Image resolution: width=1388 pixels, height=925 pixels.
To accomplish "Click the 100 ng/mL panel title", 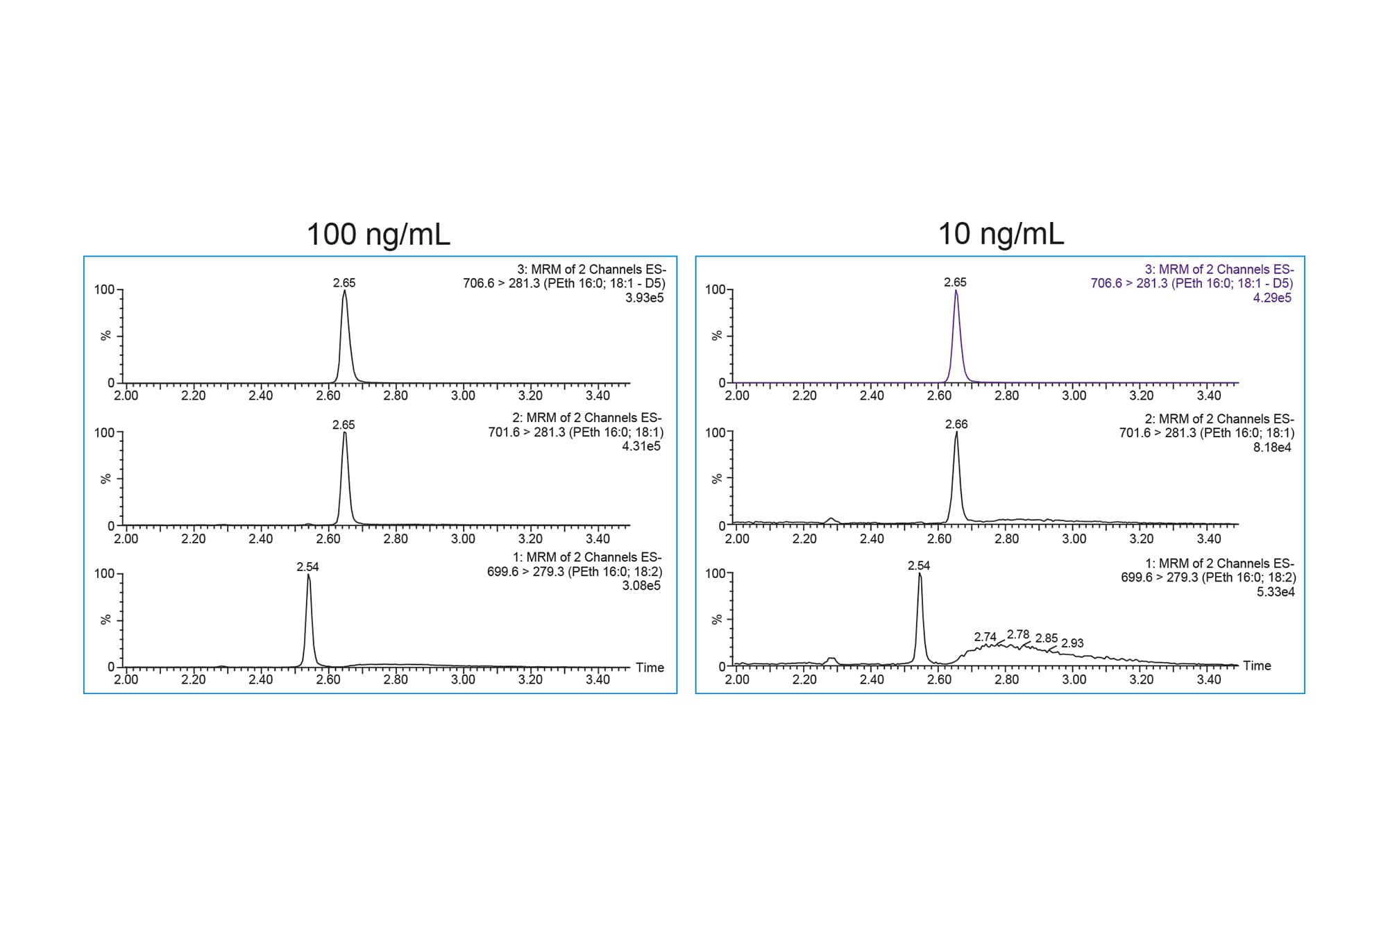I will click(x=378, y=235).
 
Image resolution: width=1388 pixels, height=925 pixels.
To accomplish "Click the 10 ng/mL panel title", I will click(x=1001, y=235).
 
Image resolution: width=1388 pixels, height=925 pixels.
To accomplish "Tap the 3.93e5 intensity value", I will click(x=644, y=298).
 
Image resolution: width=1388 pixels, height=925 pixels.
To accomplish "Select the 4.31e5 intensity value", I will click(x=641, y=446).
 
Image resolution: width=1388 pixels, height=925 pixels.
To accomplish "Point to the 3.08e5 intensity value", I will click(x=641, y=586).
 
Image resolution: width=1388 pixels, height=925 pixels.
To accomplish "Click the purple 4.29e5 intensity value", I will click(x=1272, y=298).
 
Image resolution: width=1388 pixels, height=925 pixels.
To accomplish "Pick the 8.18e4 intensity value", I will click(x=1272, y=448).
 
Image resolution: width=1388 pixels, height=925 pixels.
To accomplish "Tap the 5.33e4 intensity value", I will click(x=1276, y=592).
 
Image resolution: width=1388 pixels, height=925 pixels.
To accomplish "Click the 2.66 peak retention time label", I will click(x=956, y=424).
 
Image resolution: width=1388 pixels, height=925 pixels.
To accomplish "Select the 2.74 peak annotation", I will click(x=985, y=636).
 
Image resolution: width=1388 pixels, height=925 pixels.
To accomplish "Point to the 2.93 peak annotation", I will click(x=1072, y=643).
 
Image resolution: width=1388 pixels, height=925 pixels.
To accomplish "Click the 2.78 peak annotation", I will click(x=1018, y=634).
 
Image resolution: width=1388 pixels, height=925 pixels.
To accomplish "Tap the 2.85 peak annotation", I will click(x=1047, y=638).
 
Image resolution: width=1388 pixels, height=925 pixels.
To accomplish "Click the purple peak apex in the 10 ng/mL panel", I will click(x=956, y=291).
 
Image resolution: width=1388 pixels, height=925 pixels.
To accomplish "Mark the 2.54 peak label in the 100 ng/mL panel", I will click(x=307, y=567).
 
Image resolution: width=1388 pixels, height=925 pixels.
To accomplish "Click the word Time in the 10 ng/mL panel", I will click(x=1257, y=665).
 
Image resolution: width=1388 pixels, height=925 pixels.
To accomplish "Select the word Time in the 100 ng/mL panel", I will click(x=650, y=668).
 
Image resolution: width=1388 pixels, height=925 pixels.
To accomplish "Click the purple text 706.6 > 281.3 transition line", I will click(x=1192, y=283).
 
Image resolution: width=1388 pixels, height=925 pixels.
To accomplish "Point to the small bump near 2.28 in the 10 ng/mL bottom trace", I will click(x=831, y=659).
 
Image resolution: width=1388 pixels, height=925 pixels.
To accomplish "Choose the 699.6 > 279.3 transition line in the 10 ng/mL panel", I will click(x=1208, y=577).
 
